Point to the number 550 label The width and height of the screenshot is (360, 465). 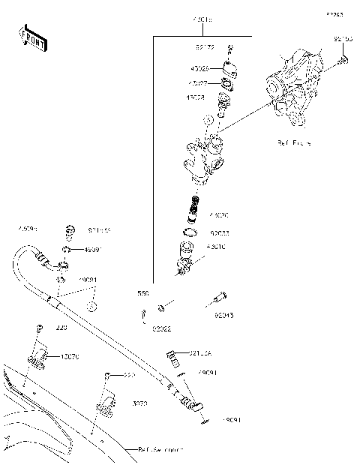point(143,293)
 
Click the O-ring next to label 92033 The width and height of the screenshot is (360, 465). point(191,234)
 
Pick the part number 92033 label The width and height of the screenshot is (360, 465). point(220,234)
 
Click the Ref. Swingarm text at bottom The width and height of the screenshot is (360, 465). point(160,449)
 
